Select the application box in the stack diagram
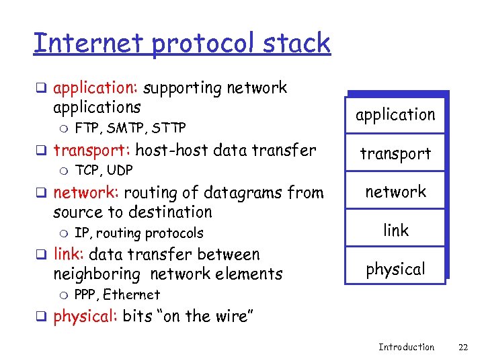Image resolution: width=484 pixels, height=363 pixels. pos(395,114)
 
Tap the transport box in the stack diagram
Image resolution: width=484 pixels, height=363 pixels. pos(395,153)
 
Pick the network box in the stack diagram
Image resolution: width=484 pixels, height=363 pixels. pos(395,192)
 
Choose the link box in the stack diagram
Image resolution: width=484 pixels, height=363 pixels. pos(395,230)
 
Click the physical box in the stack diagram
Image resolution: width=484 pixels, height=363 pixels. pos(395,269)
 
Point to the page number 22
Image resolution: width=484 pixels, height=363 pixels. pos(462,347)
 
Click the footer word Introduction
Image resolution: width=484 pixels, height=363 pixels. pos(406,347)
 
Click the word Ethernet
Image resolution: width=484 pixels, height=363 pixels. pos(131,294)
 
